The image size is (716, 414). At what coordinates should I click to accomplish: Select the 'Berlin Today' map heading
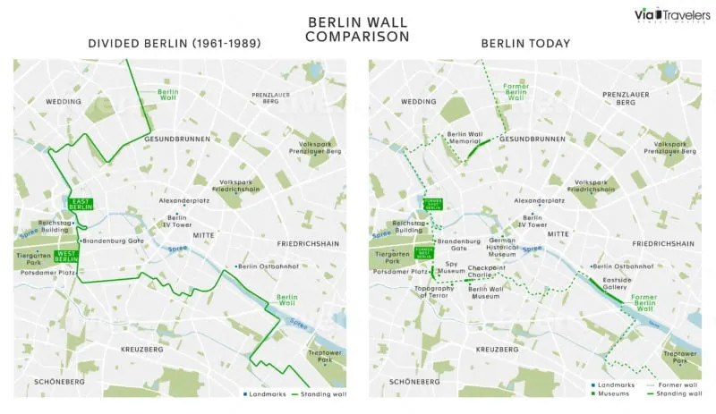pos(525,43)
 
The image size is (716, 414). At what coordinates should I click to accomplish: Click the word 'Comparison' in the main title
pos(357,37)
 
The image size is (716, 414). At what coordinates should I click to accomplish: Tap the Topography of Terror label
pos(434,291)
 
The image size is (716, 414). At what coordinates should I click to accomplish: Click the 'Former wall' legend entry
pos(676,384)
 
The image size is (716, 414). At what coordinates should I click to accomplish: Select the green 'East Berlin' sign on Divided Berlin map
pos(80,205)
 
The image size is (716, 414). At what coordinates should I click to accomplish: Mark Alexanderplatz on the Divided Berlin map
pos(183,201)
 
